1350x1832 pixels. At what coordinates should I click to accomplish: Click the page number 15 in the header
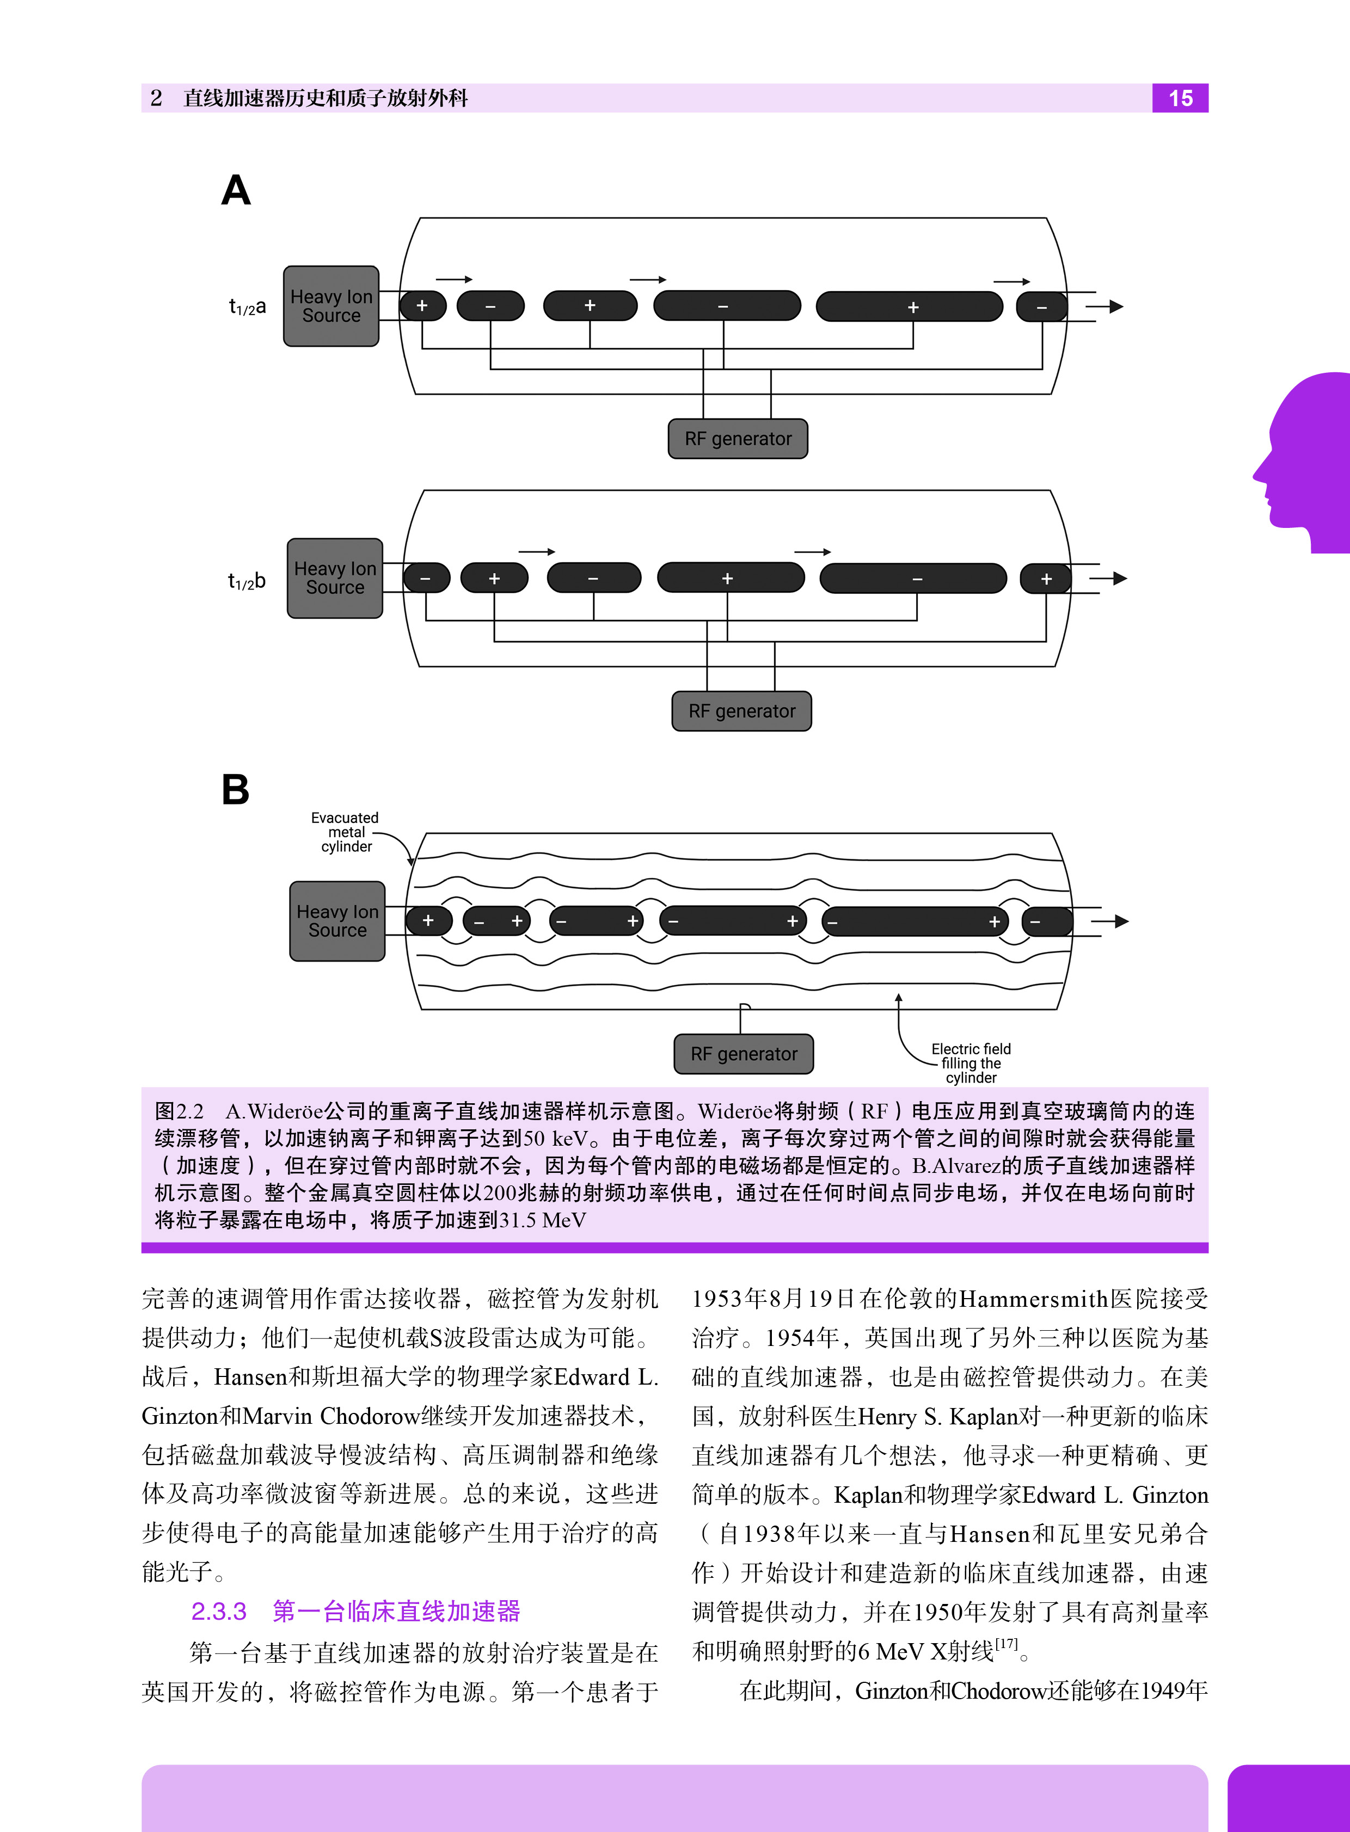[1180, 98]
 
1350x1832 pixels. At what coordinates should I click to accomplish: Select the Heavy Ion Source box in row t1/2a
[331, 306]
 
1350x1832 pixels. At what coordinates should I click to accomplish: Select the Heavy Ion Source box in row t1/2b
[335, 579]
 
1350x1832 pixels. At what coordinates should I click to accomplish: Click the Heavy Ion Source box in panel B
[337, 921]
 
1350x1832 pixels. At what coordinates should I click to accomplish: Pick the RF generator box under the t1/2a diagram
[738, 439]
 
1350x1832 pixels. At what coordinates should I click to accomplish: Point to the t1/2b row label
[247, 581]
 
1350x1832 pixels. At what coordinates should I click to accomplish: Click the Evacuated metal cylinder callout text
[345, 832]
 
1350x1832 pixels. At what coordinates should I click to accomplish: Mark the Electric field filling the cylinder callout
[971, 1063]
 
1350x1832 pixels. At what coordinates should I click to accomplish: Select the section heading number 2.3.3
[218, 1612]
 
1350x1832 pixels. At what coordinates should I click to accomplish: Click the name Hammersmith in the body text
[1033, 1299]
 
